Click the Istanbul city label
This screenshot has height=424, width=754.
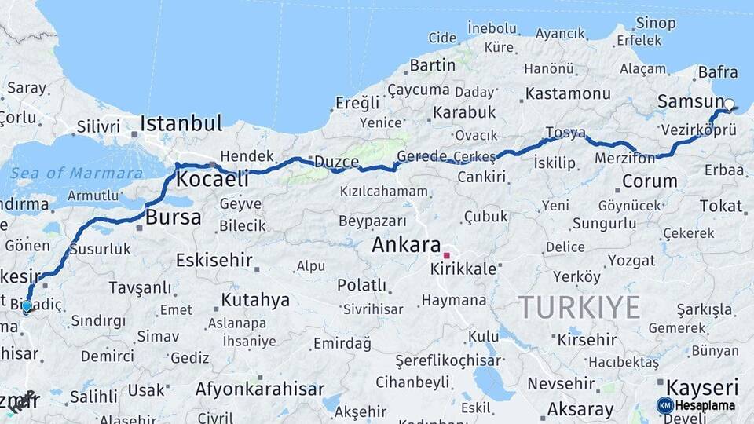[x=181, y=124]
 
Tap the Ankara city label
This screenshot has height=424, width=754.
[x=405, y=245]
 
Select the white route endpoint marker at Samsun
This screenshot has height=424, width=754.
[x=729, y=104]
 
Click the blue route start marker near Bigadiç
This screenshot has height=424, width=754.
[x=27, y=305]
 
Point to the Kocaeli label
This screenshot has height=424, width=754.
[x=212, y=179]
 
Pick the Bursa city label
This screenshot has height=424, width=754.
[x=174, y=217]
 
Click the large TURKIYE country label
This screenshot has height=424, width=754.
[x=579, y=307]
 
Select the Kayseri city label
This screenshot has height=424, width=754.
[x=702, y=387]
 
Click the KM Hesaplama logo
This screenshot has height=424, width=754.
[x=697, y=405]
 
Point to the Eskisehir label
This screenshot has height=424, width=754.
[x=214, y=259]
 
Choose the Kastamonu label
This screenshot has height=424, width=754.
[x=568, y=93]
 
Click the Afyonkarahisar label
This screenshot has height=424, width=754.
[x=260, y=389]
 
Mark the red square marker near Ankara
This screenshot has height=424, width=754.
[x=446, y=255]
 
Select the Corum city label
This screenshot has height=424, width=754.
[x=649, y=181]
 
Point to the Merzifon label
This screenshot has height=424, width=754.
[x=625, y=159]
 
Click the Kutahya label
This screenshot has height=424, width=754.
[x=255, y=300]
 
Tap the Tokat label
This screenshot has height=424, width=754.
[x=720, y=206]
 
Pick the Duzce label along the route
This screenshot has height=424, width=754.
[x=336, y=162]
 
